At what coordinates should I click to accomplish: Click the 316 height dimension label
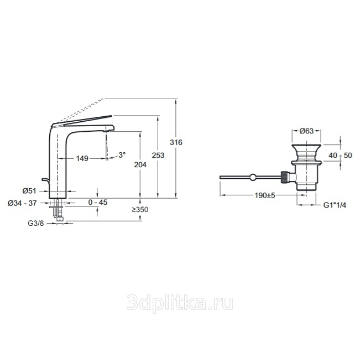tap(176, 142)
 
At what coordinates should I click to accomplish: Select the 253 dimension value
tap(158, 156)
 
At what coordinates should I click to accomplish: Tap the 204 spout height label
tap(140, 165)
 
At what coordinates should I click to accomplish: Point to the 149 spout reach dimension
tap(82, 158)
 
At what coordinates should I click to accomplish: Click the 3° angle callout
tap(122, 155)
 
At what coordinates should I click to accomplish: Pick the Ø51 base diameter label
tap(29, 191)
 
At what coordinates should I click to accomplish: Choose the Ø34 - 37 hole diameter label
tap(22, 203)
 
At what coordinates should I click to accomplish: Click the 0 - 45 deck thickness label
tap(98, 202)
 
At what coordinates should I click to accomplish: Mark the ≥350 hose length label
tap(140, 210)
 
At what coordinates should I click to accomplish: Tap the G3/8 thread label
tap(36, 223)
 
